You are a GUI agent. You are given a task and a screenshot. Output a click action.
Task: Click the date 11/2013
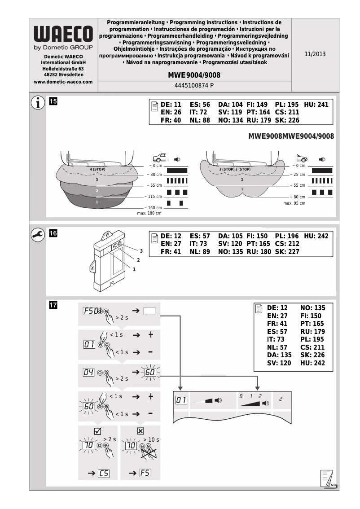[x=315, y=54]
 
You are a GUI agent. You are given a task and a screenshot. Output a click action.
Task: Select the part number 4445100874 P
[x=194, y=85]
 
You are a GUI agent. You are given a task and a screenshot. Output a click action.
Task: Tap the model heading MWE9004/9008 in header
[x=194, y=75]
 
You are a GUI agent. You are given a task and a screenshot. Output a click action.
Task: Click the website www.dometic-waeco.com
[x=63, y=82]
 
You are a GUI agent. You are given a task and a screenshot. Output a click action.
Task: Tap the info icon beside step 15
[x=38, y=103]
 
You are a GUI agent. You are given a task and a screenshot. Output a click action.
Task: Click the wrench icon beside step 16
[x=38, y=235]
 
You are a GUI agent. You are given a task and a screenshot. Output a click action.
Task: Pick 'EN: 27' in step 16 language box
[x=171, y=244]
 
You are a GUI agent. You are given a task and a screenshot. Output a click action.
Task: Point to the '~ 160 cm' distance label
[x=153, y=208]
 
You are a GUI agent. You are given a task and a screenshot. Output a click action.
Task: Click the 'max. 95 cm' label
[x=294, y=203]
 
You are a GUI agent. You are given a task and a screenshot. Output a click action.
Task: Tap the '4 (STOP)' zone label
[x=97, y=169]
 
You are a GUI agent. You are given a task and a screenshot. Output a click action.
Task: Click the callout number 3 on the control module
[x=141, y=250]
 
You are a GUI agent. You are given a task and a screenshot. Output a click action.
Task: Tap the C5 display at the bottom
[x=104, y=473]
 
